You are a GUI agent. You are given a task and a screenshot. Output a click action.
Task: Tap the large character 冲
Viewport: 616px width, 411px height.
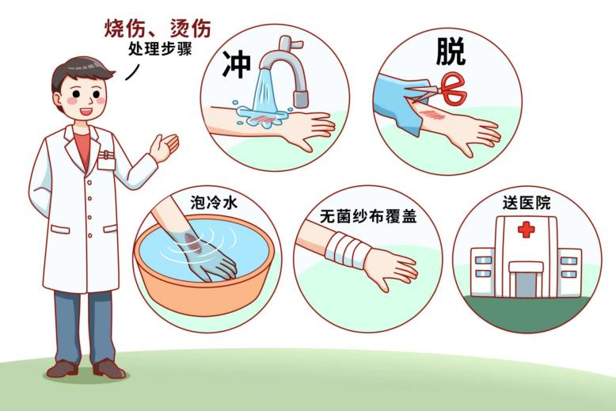237,63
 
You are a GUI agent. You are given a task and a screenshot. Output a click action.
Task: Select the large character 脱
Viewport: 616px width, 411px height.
451,51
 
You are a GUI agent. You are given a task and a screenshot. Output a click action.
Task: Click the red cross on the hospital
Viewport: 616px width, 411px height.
527,229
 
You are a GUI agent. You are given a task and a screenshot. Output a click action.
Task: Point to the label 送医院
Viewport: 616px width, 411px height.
527,203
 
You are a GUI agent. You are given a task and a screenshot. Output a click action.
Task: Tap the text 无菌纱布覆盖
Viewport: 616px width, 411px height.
368,216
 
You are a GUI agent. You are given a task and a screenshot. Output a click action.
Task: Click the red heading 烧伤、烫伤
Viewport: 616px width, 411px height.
158,29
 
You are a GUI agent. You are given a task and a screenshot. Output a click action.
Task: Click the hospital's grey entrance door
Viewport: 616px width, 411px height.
526,284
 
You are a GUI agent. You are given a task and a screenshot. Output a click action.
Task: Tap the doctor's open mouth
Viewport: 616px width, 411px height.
86,111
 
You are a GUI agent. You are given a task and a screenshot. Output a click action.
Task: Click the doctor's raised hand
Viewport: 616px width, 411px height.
164,147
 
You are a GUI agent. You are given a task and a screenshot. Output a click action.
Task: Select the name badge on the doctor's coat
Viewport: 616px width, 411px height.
106,160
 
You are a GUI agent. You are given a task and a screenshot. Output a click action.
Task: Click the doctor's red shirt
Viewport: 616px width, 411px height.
82,150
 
